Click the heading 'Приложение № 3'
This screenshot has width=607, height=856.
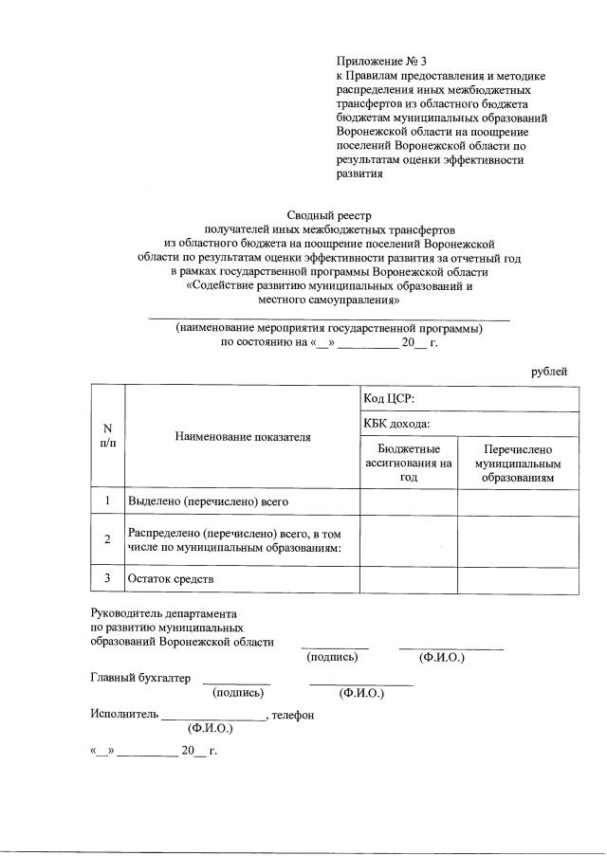click(376, 61)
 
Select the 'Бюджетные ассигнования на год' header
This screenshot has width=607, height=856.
click(409, 463)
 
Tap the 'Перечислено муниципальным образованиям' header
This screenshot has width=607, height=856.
click(518, 463)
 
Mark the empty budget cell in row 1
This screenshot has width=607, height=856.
click(409, 500)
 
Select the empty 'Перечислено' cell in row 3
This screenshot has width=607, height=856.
click(518, 578)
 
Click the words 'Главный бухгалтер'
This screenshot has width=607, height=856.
click(140, 678)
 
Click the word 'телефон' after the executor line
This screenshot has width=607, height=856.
click(292, 715)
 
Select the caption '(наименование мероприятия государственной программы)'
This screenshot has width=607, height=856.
click(329, 328)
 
